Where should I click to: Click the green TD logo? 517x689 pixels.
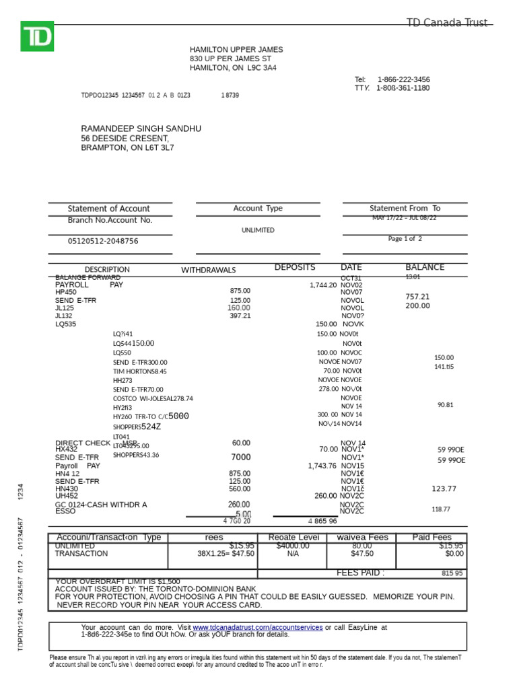point(37,36)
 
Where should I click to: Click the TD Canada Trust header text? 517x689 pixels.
point(446,23)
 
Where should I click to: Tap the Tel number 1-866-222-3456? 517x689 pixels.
point(403,79)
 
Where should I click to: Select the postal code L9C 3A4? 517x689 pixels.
point(262,68)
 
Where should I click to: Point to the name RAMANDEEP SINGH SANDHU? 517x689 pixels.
point(141,129)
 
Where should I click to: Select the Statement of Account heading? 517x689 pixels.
point(109,209)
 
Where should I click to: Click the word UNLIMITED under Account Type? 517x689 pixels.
point(258,230)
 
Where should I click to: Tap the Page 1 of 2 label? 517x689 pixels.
point(405,238)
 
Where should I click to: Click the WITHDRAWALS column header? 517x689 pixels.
point(208,270)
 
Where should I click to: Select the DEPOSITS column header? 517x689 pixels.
point(294,268)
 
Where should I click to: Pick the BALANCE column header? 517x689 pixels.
point(425,267)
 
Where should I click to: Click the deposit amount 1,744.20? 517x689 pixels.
point(322,285)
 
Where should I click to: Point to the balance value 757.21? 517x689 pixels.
point(417,297)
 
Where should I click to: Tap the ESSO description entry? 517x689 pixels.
point(65,511)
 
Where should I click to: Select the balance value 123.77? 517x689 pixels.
point(444,488)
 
